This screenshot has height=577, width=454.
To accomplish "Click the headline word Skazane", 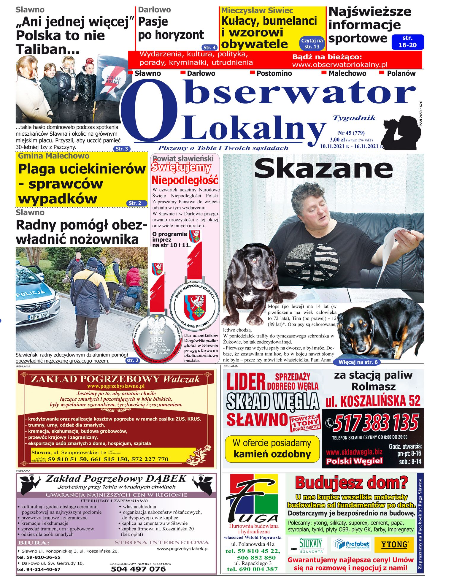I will [x=323, y=168].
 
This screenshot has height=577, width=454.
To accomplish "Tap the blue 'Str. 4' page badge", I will [x=209, y=47].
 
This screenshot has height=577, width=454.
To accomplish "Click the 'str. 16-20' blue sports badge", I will [x=407, y=42].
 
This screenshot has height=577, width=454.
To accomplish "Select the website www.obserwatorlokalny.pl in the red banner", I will [x=339, y=65].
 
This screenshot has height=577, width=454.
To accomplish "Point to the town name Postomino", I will [x=274, y=73].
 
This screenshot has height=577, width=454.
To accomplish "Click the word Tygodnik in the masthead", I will [x=354, y=118].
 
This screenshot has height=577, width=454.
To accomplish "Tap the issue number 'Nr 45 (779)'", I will [x=351, y=133].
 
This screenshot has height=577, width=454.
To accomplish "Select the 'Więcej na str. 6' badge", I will [x=358, y=362].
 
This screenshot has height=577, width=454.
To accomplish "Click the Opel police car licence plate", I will [x=39, y=316].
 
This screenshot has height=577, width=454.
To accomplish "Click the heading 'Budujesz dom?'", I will [x=351, y=483].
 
